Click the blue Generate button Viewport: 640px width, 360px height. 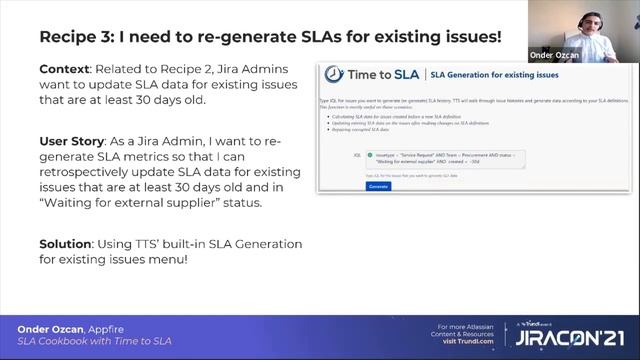coord(378,185)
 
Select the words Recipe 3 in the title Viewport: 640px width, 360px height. coord(79,37)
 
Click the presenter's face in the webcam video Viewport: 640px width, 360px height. coord(597,21)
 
